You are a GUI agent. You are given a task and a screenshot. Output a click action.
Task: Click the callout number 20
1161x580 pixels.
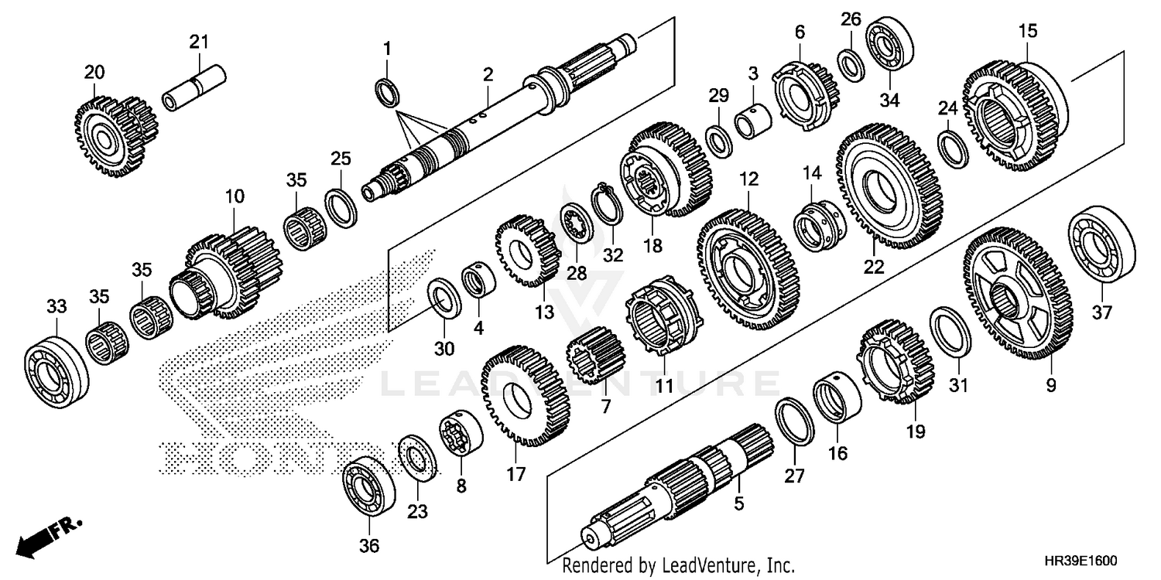94,73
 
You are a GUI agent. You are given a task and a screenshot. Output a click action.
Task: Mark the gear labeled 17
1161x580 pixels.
524,396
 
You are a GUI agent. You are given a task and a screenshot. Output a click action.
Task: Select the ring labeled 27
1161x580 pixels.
794,422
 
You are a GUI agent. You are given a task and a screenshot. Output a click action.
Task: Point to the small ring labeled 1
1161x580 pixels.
389,91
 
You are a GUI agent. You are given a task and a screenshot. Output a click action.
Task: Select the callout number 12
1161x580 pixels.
748,179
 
